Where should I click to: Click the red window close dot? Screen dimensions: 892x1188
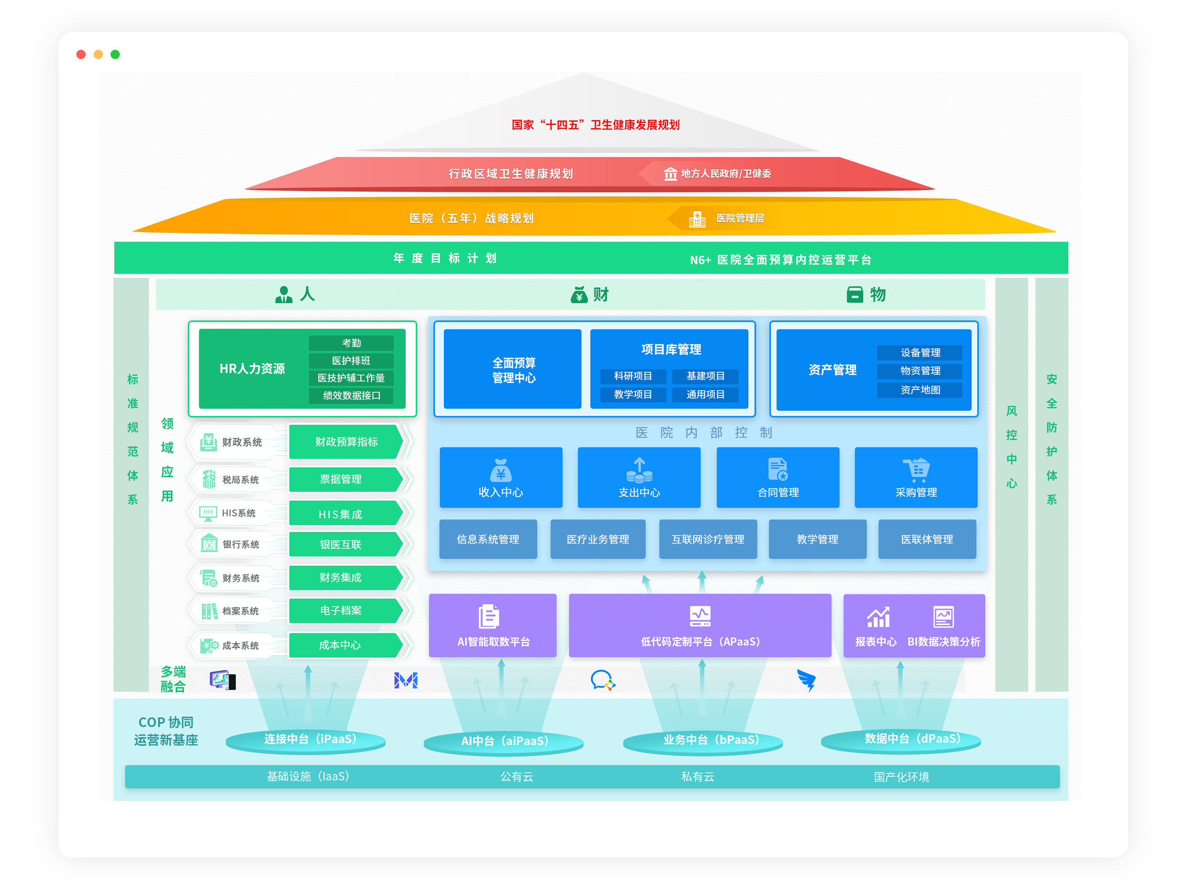[81, 54]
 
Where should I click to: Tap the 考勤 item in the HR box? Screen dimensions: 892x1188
[351, 343]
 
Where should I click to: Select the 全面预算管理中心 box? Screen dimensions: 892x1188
[513, 370]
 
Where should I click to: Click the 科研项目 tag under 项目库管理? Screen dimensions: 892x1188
[633, 376]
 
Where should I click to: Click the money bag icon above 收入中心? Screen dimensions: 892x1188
[500, 470]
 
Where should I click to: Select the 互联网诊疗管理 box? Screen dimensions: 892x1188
[707, 539]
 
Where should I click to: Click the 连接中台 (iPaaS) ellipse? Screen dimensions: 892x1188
[306, 740]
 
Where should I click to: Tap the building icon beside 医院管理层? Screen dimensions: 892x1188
[697, 219]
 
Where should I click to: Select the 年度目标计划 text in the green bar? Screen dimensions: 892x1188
[445, 258]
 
